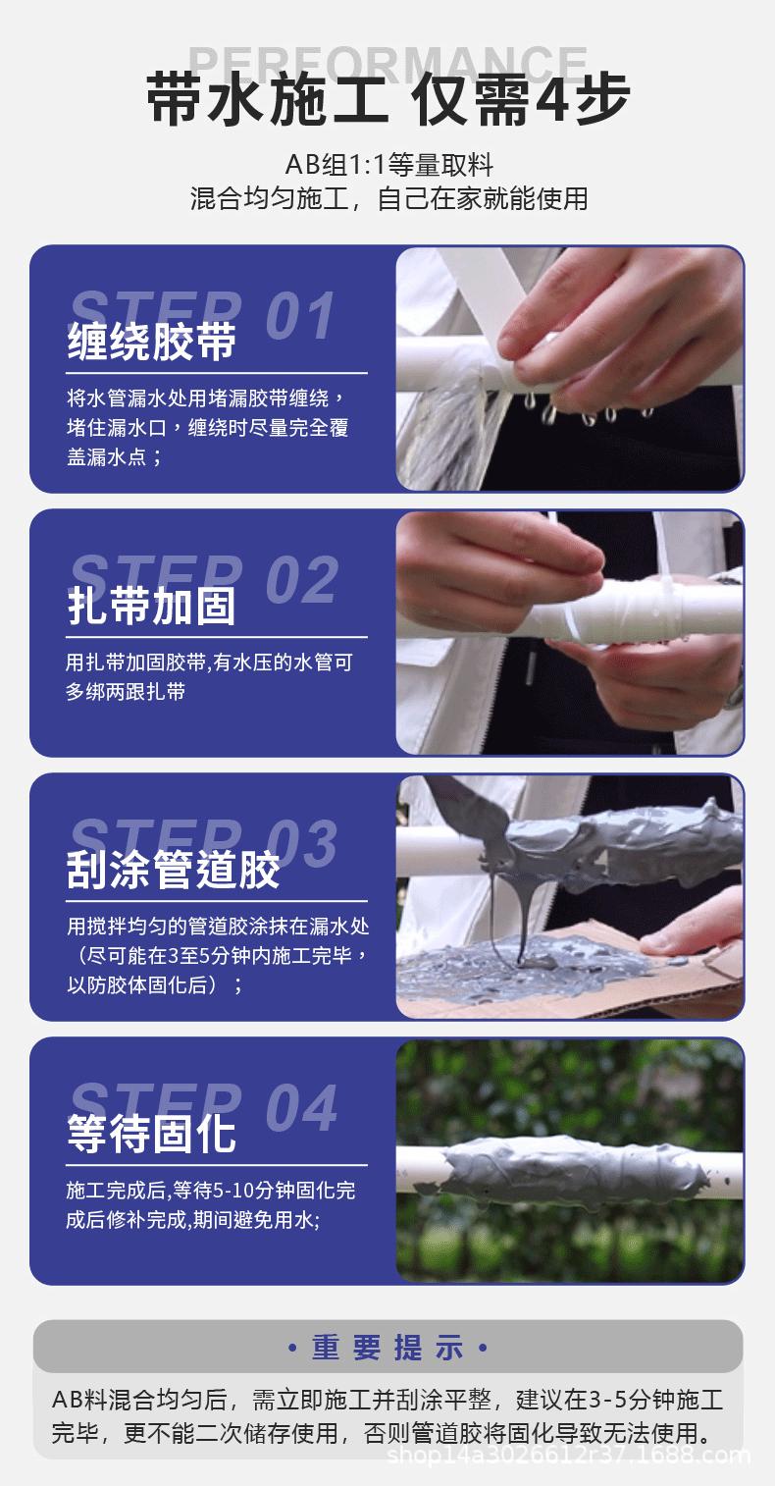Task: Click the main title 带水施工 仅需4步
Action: point(387,101)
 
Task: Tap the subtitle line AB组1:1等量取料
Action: point(388,164)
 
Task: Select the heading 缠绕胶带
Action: point(152,342)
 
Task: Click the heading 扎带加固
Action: point(152,605)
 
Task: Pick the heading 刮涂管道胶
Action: point(174,870)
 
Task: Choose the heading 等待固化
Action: point(152,1134)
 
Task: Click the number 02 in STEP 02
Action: point(301,579)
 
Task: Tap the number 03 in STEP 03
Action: point(301,843)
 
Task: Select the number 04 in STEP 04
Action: point(301,1107)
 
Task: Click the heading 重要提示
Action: point(387,1348)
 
